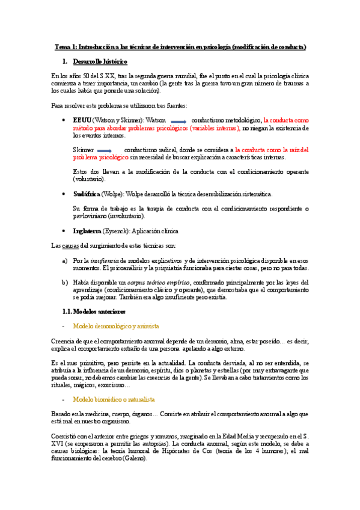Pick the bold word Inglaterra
(87, 230)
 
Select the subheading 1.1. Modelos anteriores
(94, 311)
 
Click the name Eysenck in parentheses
(119, 230)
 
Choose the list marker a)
(65, 260)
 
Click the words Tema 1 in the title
(66, 46)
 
